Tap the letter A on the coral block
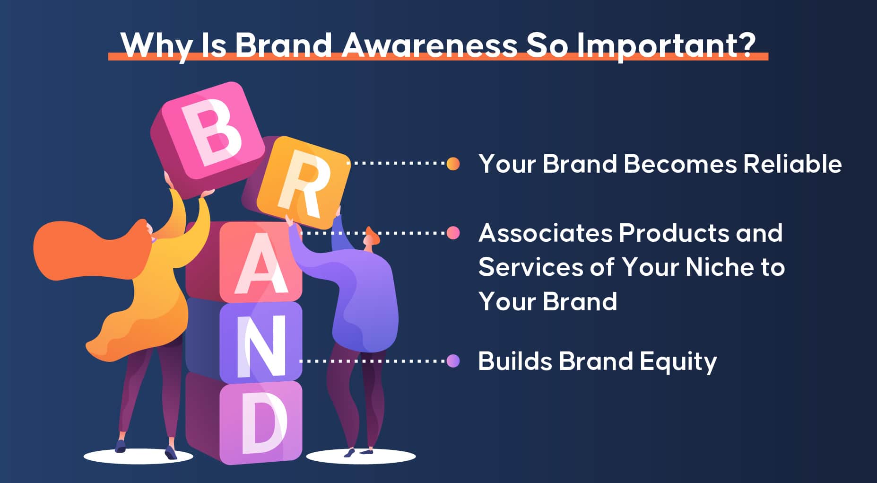[x=260, y=265]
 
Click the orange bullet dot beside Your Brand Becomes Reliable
[x=453, y=164]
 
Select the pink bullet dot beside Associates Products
[x=453, y=233]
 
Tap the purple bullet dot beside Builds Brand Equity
[x=453, y=361]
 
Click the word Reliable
[x=792, y=164]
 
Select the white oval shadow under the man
[x=361, y=457]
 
